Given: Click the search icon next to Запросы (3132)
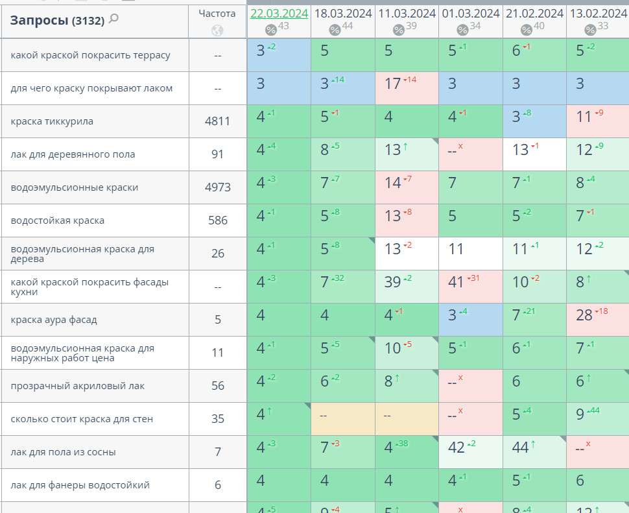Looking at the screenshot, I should tap(114, 19).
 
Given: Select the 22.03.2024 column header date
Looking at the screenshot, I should tap(279, 13).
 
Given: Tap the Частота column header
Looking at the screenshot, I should tap(217, 13).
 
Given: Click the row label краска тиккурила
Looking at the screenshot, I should tap(52, 121).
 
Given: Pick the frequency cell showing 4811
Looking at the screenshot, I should tap(218, 121).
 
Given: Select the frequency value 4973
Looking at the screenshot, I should tap(218, 187).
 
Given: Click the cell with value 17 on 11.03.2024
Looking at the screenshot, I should tap(393, 84).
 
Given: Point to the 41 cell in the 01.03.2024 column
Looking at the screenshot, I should tap(457, 282).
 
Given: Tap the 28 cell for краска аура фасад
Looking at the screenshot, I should tap(584, 315).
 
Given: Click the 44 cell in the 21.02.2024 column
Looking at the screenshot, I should tap(521, 447).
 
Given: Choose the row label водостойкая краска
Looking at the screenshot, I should tap(58, 221).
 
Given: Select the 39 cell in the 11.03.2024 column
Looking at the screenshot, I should tap(393, 282).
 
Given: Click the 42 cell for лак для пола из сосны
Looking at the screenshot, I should tap(457, 447).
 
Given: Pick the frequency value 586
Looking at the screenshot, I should tap(218, 221).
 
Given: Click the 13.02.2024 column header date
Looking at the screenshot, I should tap(598, 13).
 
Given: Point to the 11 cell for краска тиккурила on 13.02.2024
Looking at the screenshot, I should tap(584, 117).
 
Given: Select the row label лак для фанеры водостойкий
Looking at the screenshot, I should tap(80, 485).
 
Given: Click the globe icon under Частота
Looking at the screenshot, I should tap(217, 30).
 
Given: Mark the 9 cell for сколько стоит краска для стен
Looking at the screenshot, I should tap(580, 414).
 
